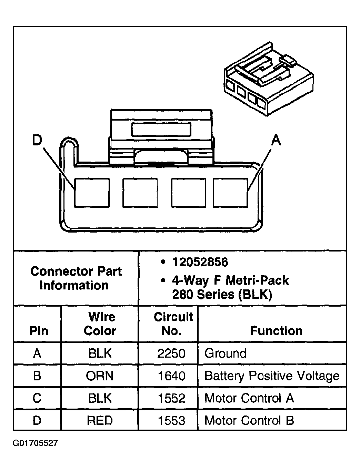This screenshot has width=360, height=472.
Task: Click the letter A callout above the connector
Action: pos(276,140)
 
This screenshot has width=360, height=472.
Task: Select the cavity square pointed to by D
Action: pos(92,193)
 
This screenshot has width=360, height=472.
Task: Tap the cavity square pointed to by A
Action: pos(230,193)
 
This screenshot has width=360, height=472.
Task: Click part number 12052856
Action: pos(200,262)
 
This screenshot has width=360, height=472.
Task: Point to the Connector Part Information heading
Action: pos(76,278)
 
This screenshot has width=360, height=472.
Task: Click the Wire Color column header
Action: pos(100,324)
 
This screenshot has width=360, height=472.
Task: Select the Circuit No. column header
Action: pos(173,324)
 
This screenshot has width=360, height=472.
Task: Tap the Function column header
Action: pos(276,330)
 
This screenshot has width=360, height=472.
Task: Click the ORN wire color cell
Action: pos(100,376)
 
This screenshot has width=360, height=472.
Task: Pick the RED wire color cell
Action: pos(100,420)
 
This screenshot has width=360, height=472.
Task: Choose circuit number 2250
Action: pos(171,353)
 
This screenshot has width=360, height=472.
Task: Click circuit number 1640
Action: pos(171,376)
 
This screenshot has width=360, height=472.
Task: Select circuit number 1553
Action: pos(171,420)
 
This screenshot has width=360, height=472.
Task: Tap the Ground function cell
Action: pos(226,353)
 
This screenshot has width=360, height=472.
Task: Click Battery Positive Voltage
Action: pos(272,376)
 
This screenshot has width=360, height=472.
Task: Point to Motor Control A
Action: pos(249,398)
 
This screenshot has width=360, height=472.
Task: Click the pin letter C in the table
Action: pos(37,398)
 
